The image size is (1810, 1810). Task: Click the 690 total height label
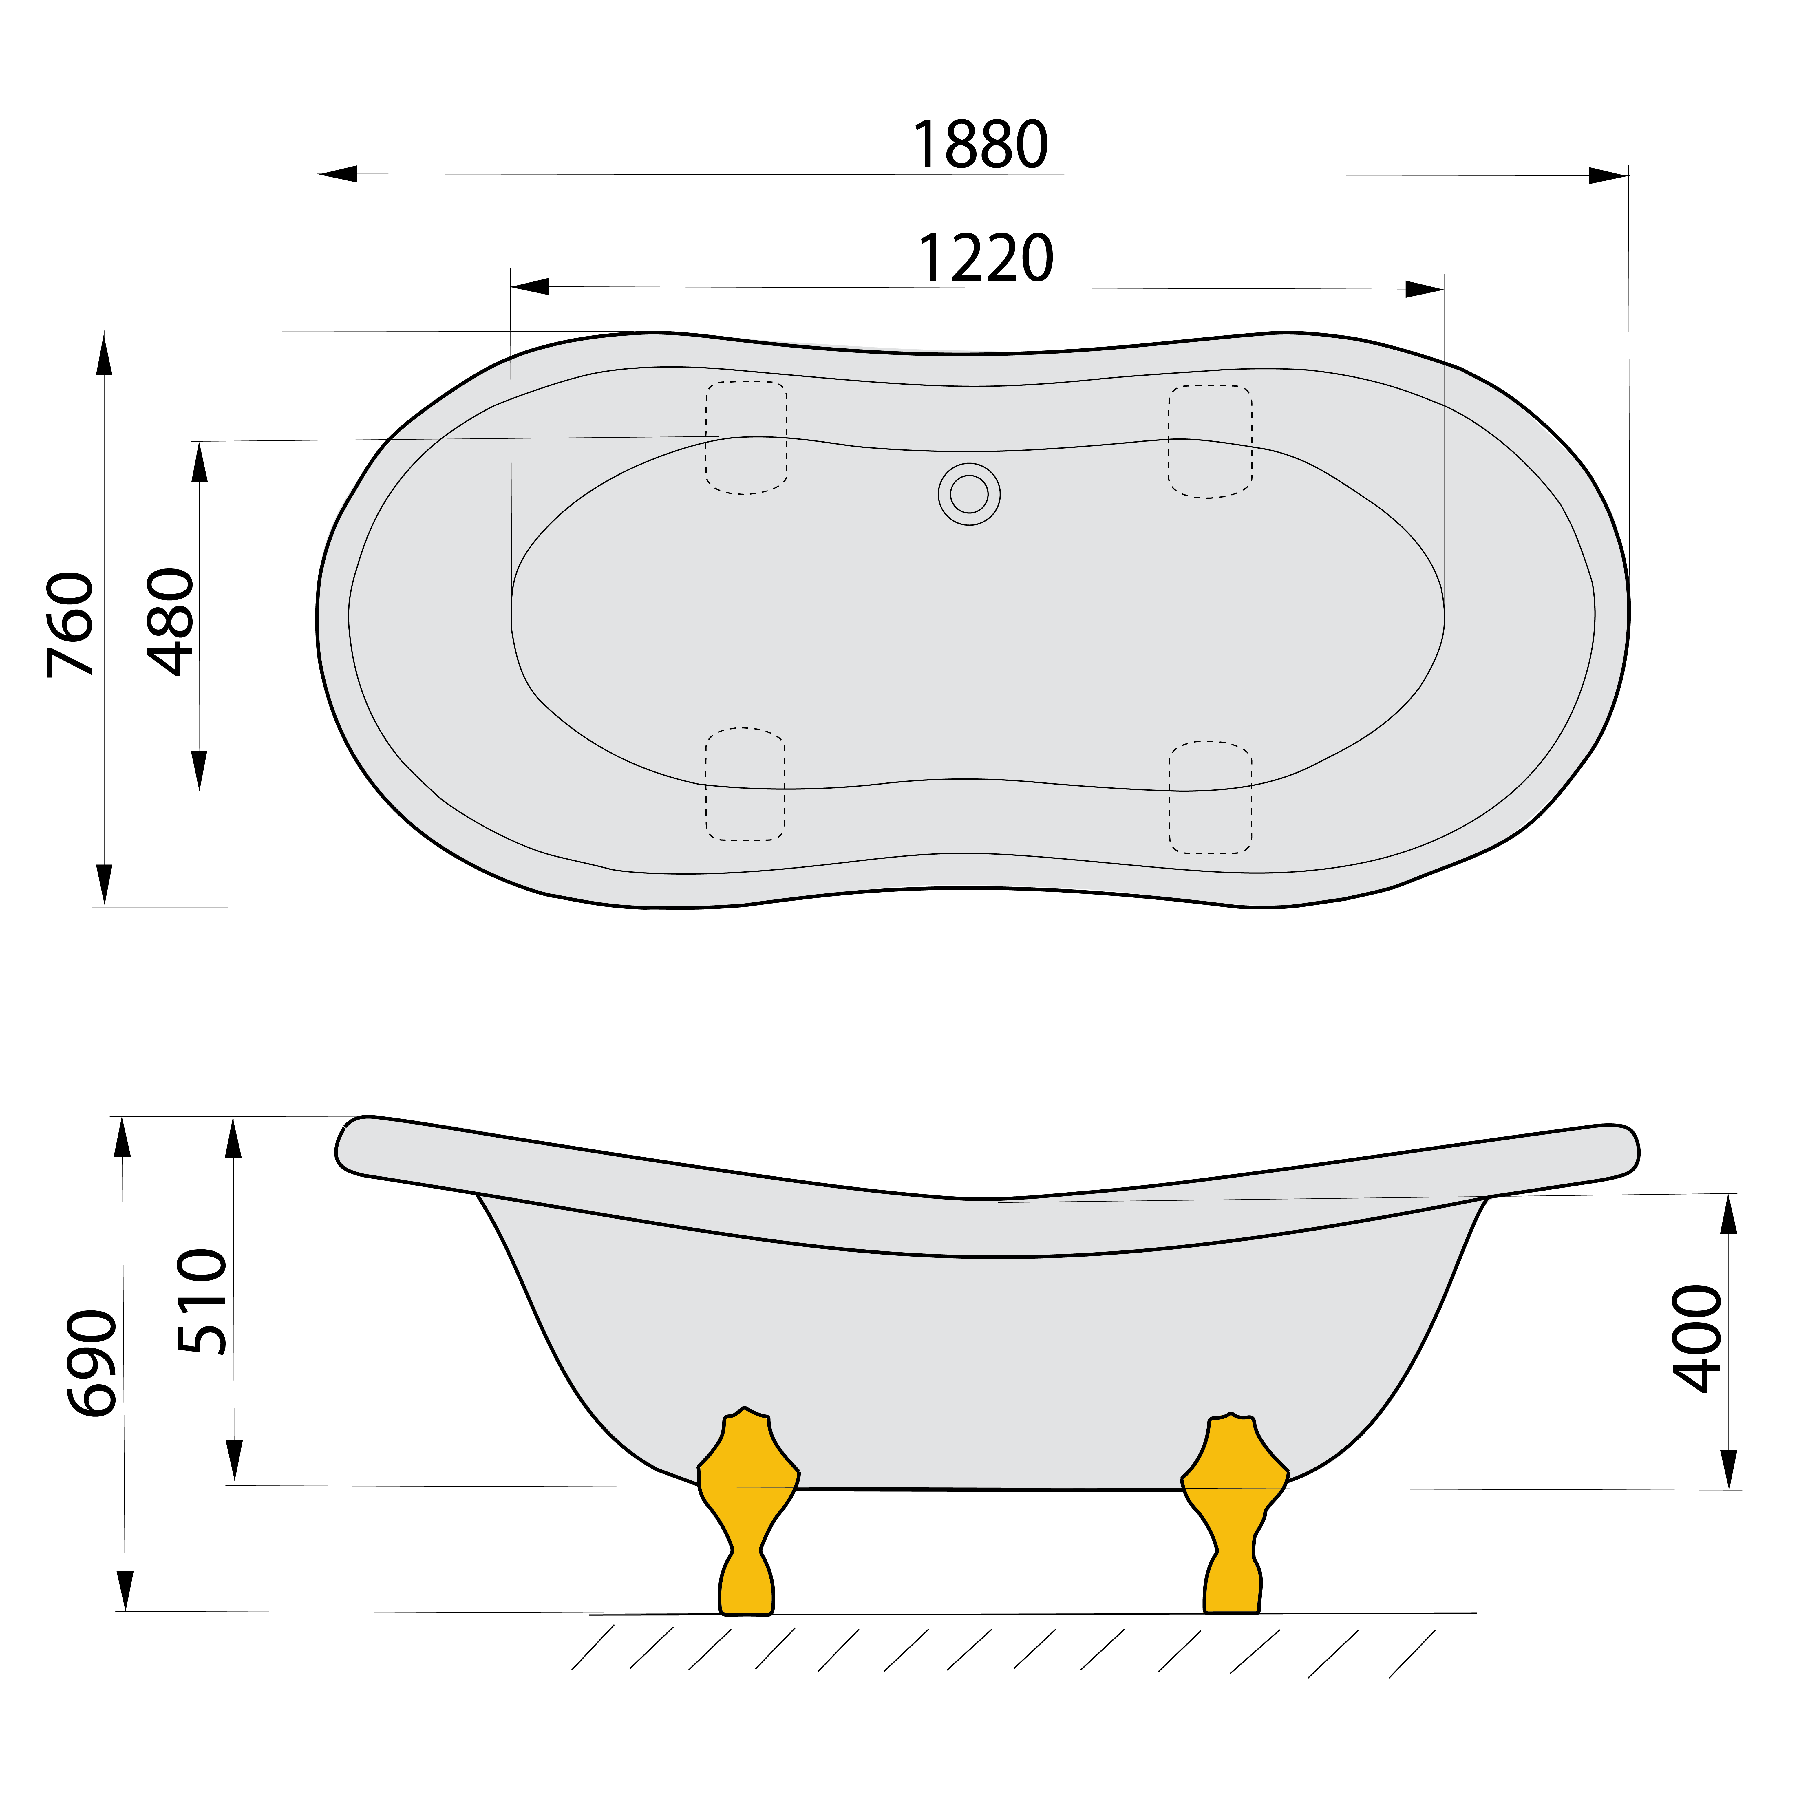92,1363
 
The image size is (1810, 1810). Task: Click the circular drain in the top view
969,494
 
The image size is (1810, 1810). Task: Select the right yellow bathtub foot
1234,1527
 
